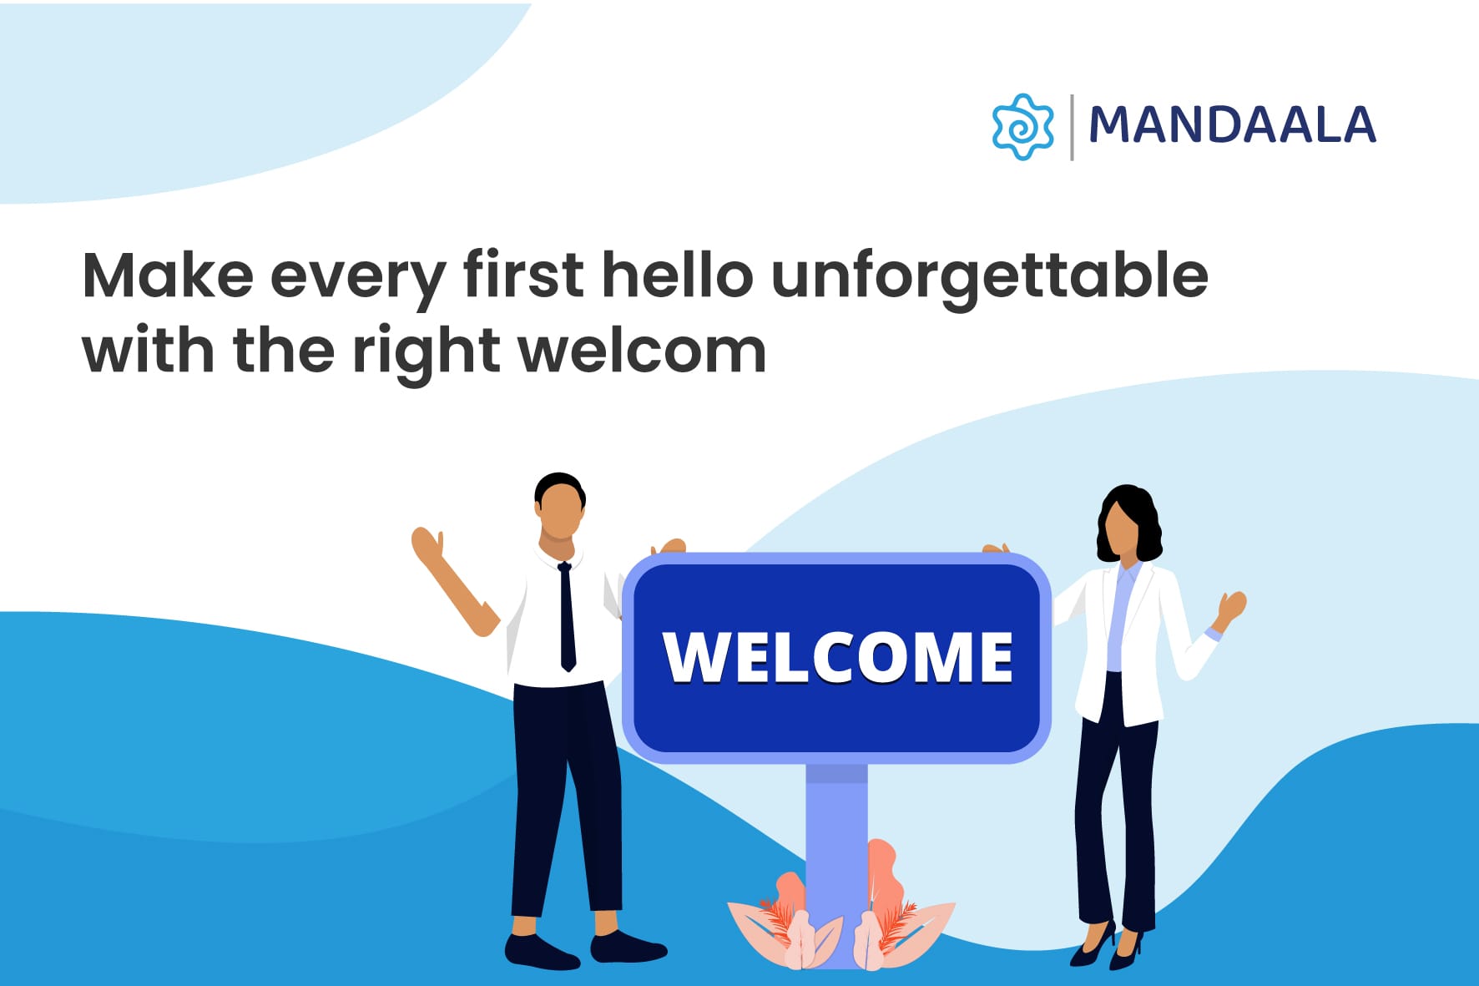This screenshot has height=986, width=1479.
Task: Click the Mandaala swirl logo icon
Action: tap(1022, 127)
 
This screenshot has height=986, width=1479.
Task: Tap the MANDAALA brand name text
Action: tap(1233, 125)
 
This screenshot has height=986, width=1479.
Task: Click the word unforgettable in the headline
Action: tap(990, 276)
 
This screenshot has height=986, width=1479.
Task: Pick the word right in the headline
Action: tap(426, 352)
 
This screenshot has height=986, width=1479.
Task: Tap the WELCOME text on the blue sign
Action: tap(838, 657)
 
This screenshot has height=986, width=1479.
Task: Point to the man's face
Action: tap(560, 512)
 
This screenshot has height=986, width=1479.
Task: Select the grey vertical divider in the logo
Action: tap(1072, 127)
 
